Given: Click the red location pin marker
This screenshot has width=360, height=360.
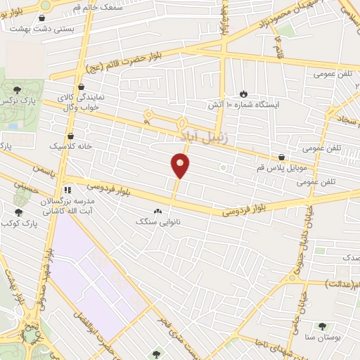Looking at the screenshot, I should [x=181, y=165].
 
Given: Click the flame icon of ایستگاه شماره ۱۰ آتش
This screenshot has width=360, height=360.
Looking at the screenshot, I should [x=243, y=94].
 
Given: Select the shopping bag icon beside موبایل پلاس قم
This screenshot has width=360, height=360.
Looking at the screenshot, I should [x=282, y=157].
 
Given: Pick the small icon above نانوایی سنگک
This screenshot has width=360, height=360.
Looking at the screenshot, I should [x=157, y=210].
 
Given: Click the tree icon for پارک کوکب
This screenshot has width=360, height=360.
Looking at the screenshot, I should [x=18, y=212].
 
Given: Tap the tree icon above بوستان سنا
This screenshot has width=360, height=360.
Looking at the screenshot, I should [x=322, y=326].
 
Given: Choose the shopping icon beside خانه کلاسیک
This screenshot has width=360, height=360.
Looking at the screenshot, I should [x=70, y=136].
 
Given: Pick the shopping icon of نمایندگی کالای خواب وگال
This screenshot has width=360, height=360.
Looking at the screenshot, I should [x=92, y=86].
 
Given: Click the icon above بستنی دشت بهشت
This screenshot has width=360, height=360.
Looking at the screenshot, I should [x=45, y=17].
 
